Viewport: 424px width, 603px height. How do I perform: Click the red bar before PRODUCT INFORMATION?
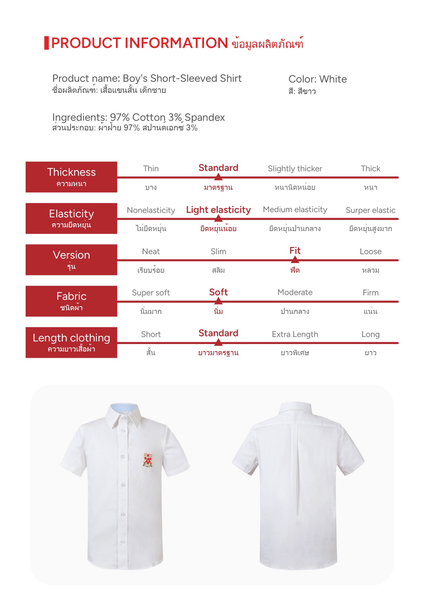click(x=46, y=43)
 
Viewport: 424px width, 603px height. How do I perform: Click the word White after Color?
click(x=333, y=79)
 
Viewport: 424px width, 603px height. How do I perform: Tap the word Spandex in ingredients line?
click(x=204, y=117)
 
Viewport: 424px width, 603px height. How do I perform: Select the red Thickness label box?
click(x=71, y=177)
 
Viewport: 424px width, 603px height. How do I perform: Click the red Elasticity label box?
click(x=71, y=218)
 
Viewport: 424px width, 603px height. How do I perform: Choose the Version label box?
click(x=71, y=259)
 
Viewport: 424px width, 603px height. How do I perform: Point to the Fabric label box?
click(x=71, y=301)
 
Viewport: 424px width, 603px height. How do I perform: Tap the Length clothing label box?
click(x=71, y=342)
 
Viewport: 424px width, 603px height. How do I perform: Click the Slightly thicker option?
click(x=295, y=169)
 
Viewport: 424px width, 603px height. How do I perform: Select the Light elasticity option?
click(x=218, y=210)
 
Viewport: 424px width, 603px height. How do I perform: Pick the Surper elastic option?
click(x=370, y=210)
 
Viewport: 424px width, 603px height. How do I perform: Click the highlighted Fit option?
click(x=295, y=251)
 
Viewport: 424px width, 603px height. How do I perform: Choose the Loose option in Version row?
click(x=370, y=252)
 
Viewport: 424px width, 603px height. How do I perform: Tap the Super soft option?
click(x=151, y=293)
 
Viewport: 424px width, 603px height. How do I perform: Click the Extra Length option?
click(x=295, y=334)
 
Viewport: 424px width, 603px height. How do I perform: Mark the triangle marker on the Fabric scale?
click(x=219, y=301)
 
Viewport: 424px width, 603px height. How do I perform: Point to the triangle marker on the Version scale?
click(x=295, y=259)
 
